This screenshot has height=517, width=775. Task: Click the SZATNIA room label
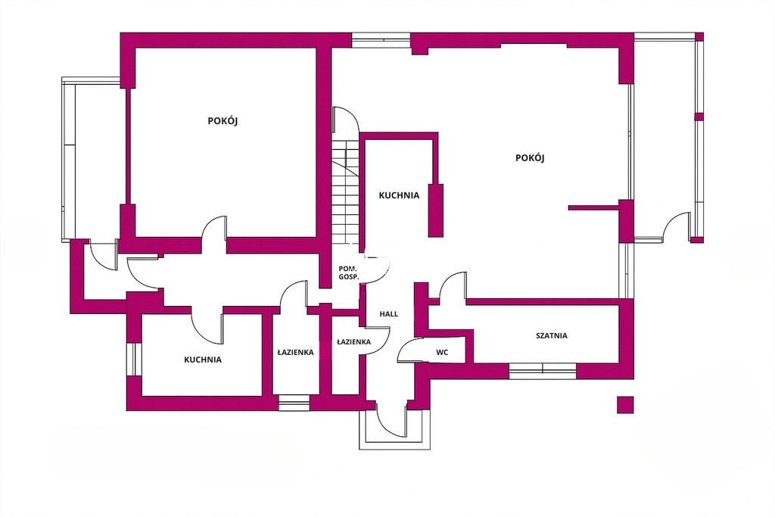(552, 335)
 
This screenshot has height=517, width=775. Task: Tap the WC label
(442, 353)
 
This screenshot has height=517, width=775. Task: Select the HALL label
(388, 314)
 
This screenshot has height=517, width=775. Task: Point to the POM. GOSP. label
(348, 273)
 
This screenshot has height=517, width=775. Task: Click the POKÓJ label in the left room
(223, 120)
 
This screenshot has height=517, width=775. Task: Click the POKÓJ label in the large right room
(530, 157)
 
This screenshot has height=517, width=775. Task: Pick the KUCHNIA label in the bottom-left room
(203, 360)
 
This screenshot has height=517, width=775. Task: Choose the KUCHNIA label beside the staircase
(399, 195)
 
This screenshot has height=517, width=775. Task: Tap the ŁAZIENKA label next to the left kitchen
(296, 353)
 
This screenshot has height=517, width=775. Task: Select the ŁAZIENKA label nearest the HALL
(354, 341)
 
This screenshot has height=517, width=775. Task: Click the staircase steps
(344, 193)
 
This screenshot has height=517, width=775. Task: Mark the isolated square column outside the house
(625, 404)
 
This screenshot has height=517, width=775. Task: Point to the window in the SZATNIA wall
(542, 371)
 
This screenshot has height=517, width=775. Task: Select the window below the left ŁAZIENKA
(294, 403)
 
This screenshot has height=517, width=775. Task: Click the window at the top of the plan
(381, 40)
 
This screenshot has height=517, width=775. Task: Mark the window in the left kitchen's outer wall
(134, 359)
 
